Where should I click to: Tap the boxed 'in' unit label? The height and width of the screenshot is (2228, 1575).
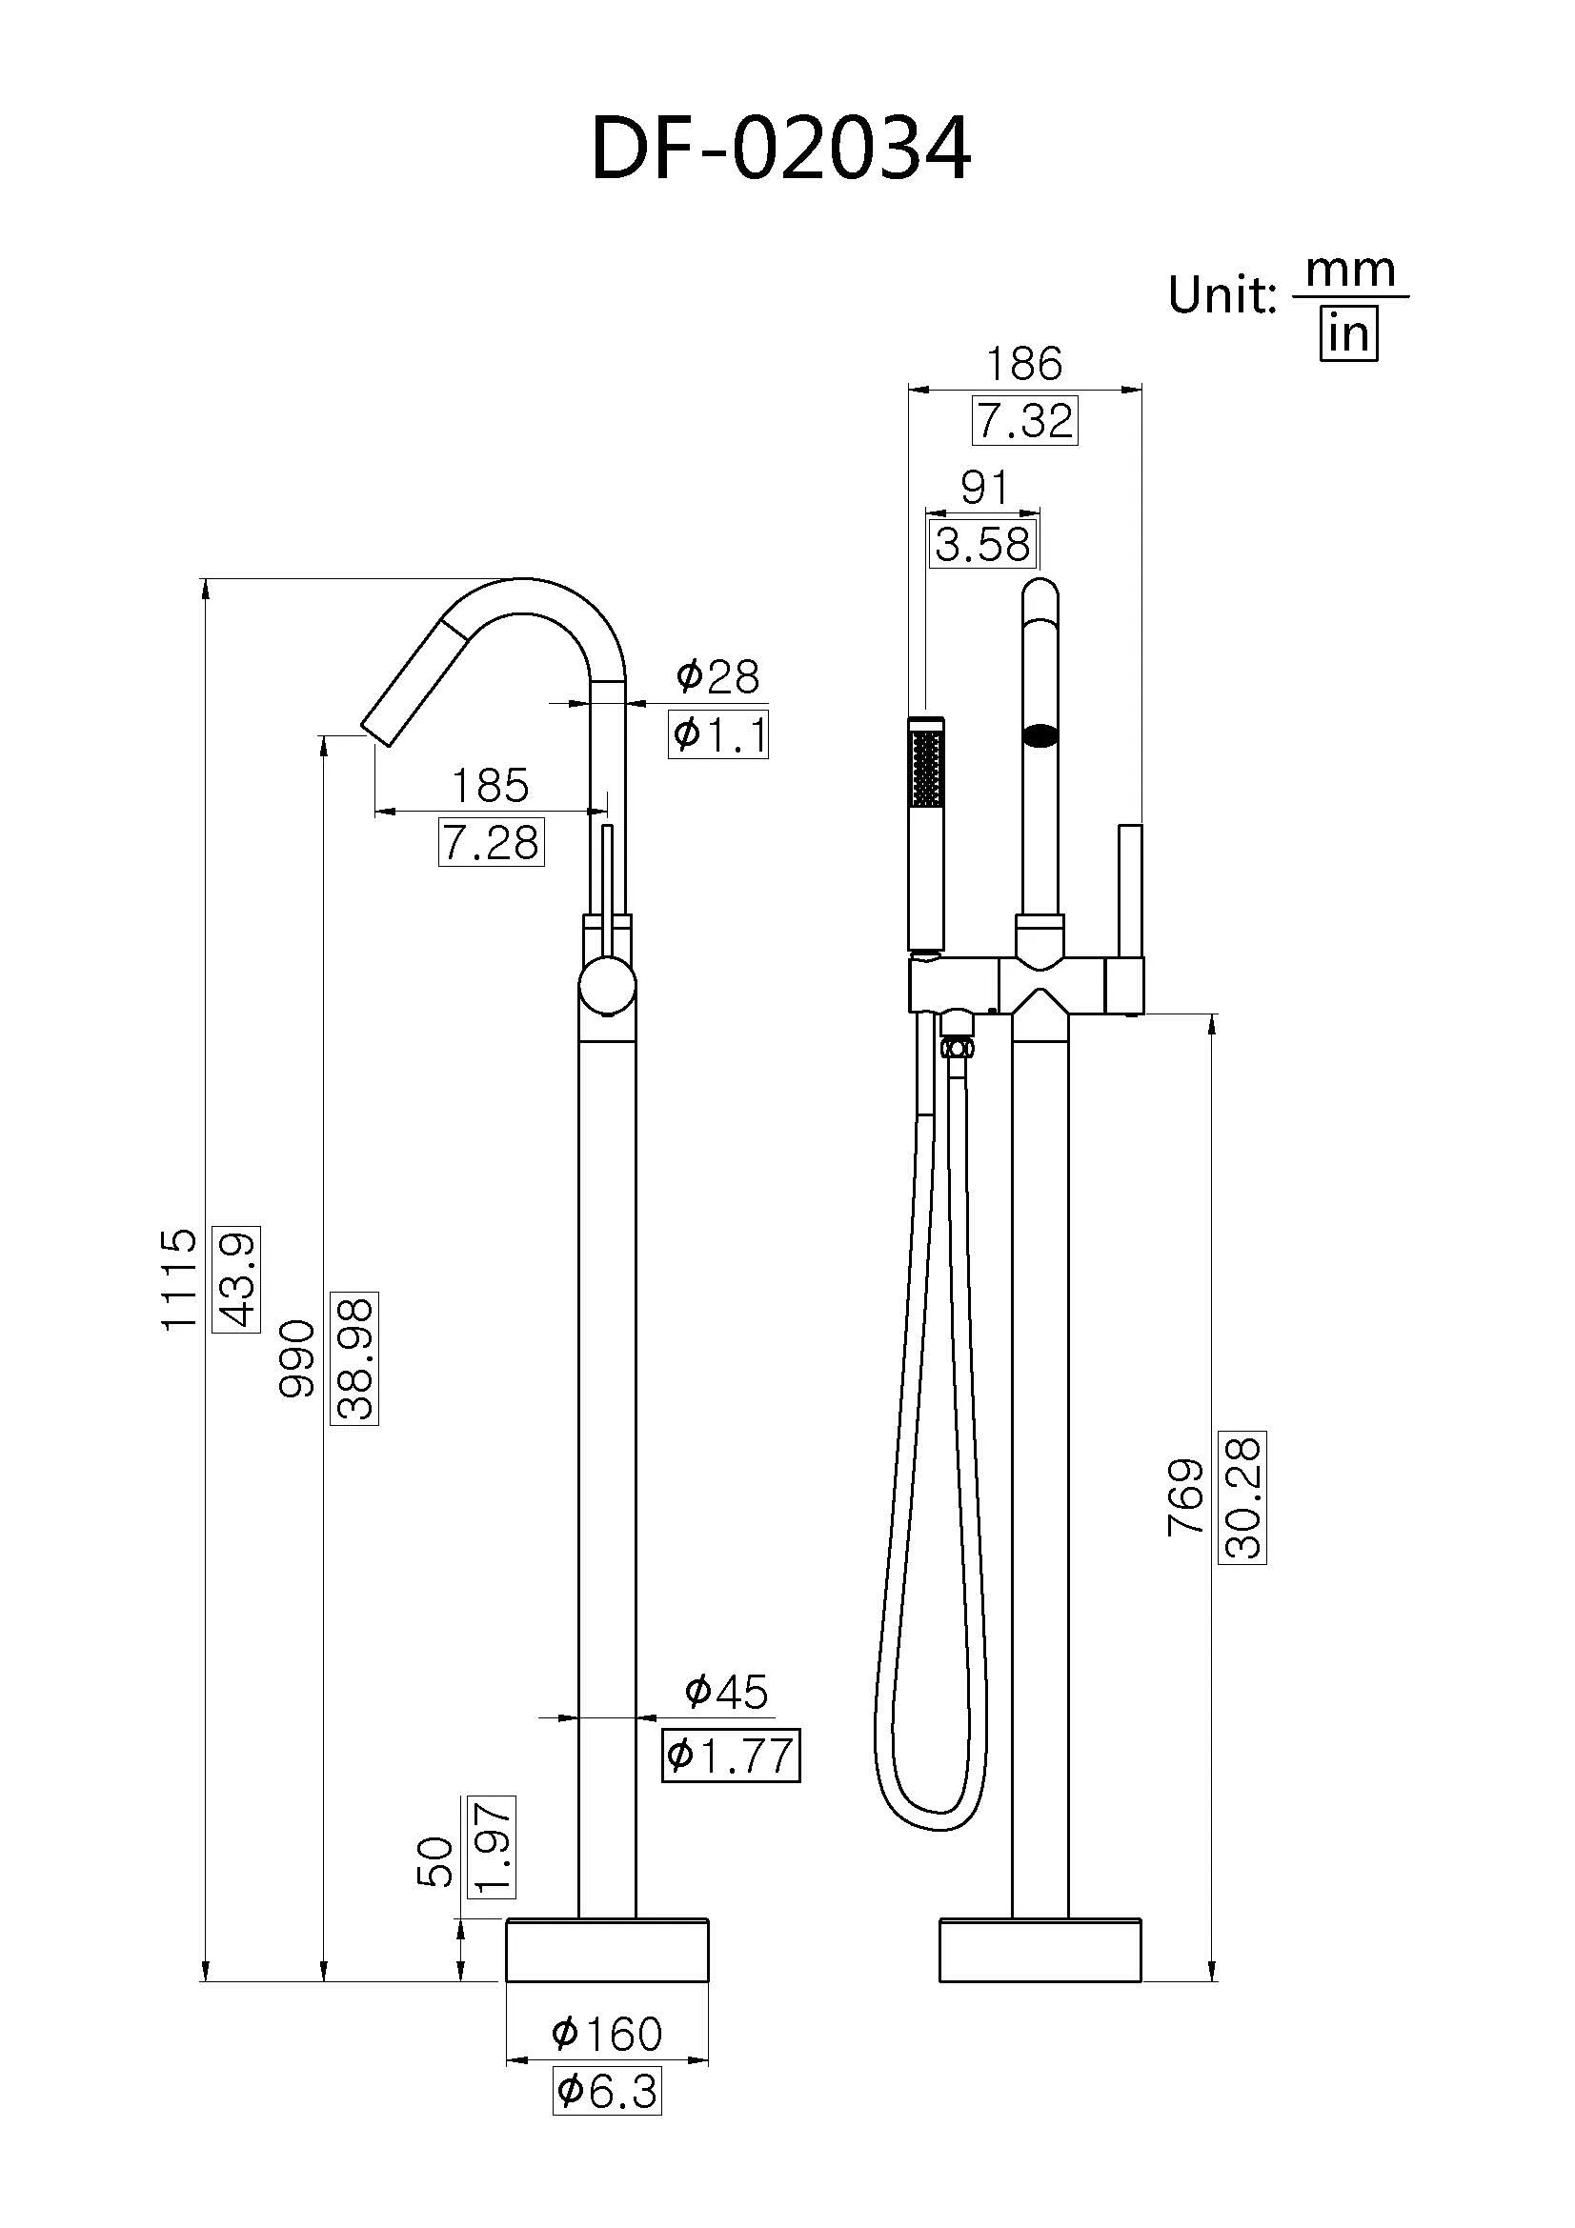pos(1349,334)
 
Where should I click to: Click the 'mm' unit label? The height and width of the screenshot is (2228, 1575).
pos(1351,271)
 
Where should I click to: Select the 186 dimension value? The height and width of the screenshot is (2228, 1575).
pos(1025,364)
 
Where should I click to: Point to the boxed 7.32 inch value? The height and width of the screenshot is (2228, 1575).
pos(1025,421)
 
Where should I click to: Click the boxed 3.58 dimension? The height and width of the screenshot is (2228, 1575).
pos(983,545)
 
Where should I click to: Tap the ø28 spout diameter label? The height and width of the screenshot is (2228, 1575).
pos(718,676)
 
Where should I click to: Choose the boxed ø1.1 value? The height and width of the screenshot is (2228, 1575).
pos(719,734)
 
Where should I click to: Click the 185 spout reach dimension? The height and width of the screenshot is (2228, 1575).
pos(491,785)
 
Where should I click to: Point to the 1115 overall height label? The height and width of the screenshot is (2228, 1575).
pos(179,1280)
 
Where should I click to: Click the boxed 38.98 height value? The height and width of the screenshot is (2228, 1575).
pos(355,1358)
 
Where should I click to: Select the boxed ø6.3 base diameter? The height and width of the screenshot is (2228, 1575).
pos(608,2090)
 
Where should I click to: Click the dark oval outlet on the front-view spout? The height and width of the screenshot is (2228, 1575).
pos(1040,735)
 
